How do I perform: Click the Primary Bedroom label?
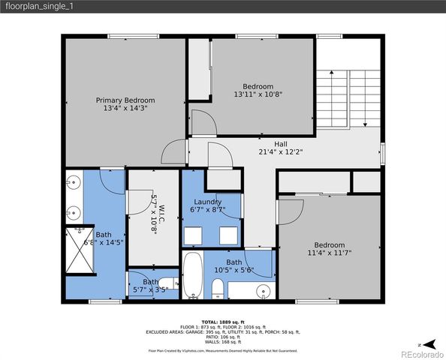pos(125,100)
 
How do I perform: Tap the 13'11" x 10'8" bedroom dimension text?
pos(258,94)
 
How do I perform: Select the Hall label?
pos(259,143)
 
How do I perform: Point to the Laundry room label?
pos(207,202)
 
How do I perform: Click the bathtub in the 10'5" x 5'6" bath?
pos(192,275)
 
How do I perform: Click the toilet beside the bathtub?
pos(218,287)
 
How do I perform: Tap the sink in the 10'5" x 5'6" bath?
pos(262,290)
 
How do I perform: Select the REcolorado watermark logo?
pos(421,353)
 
